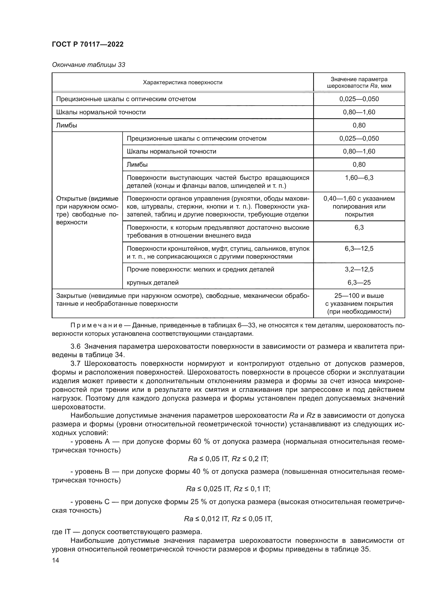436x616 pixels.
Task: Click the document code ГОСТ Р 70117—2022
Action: (88, 45)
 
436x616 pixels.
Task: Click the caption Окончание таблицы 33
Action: (88, 65)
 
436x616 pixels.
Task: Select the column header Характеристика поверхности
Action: (183, 82)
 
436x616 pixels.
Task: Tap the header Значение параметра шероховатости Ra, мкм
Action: (359, 83)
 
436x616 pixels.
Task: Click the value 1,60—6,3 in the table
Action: (359, 178)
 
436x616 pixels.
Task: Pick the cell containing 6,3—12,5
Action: (359, 248)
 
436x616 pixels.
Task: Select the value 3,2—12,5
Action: (359, 269)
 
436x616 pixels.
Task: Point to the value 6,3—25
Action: (359, 283)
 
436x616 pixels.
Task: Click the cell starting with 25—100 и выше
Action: (359, 304)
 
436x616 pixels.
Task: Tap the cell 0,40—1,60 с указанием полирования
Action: (359, 206)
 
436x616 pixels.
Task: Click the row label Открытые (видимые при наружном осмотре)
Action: (87, 210)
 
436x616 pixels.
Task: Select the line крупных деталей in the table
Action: (152, 283)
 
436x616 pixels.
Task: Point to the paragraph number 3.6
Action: (76, 346)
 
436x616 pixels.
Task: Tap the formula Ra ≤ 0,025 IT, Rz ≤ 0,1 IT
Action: (228, 489)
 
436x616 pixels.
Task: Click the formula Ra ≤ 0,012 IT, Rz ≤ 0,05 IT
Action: (228, 519)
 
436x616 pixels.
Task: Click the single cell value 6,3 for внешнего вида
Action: (359, 228)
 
